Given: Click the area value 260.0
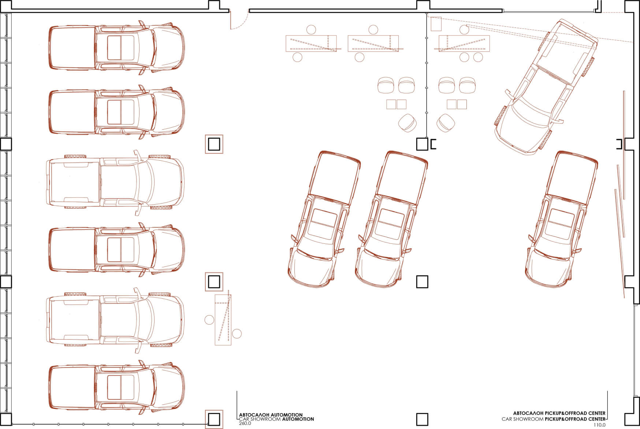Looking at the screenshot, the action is (245, 424).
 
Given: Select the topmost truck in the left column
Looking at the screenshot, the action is (117, 48).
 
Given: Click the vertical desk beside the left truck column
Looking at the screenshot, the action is (223, 320).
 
